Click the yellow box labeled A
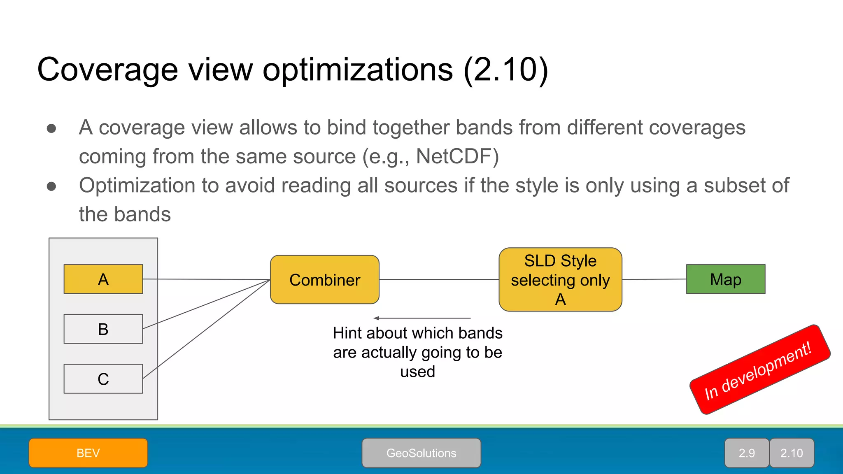tap(103, 279)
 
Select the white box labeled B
tap(103, 329)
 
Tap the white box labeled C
tap(103, 379)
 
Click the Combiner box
tap(324, 280)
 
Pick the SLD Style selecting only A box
tap(560, 280)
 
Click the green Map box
tap(725, 279)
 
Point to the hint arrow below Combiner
tap(422, 318)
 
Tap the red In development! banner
tap(759, 369)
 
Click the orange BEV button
tap(88, 453)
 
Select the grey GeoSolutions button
tap(421, 453)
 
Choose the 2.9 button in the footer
tap(747, 453)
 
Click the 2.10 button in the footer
tap(792, 453)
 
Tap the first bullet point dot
tap(51, 128)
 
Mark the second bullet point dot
tap(51, 186)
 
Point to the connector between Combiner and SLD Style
tap(438, 279)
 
